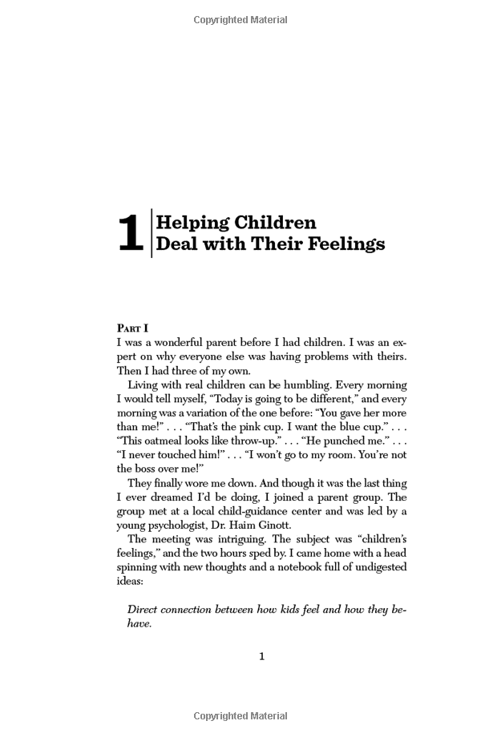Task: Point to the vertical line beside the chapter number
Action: coord(152,233)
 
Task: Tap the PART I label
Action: coord(133,328)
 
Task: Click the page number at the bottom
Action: coord(261,657)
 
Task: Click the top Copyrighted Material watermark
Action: coord(240,20)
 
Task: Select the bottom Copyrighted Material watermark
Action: coord(240,716)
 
